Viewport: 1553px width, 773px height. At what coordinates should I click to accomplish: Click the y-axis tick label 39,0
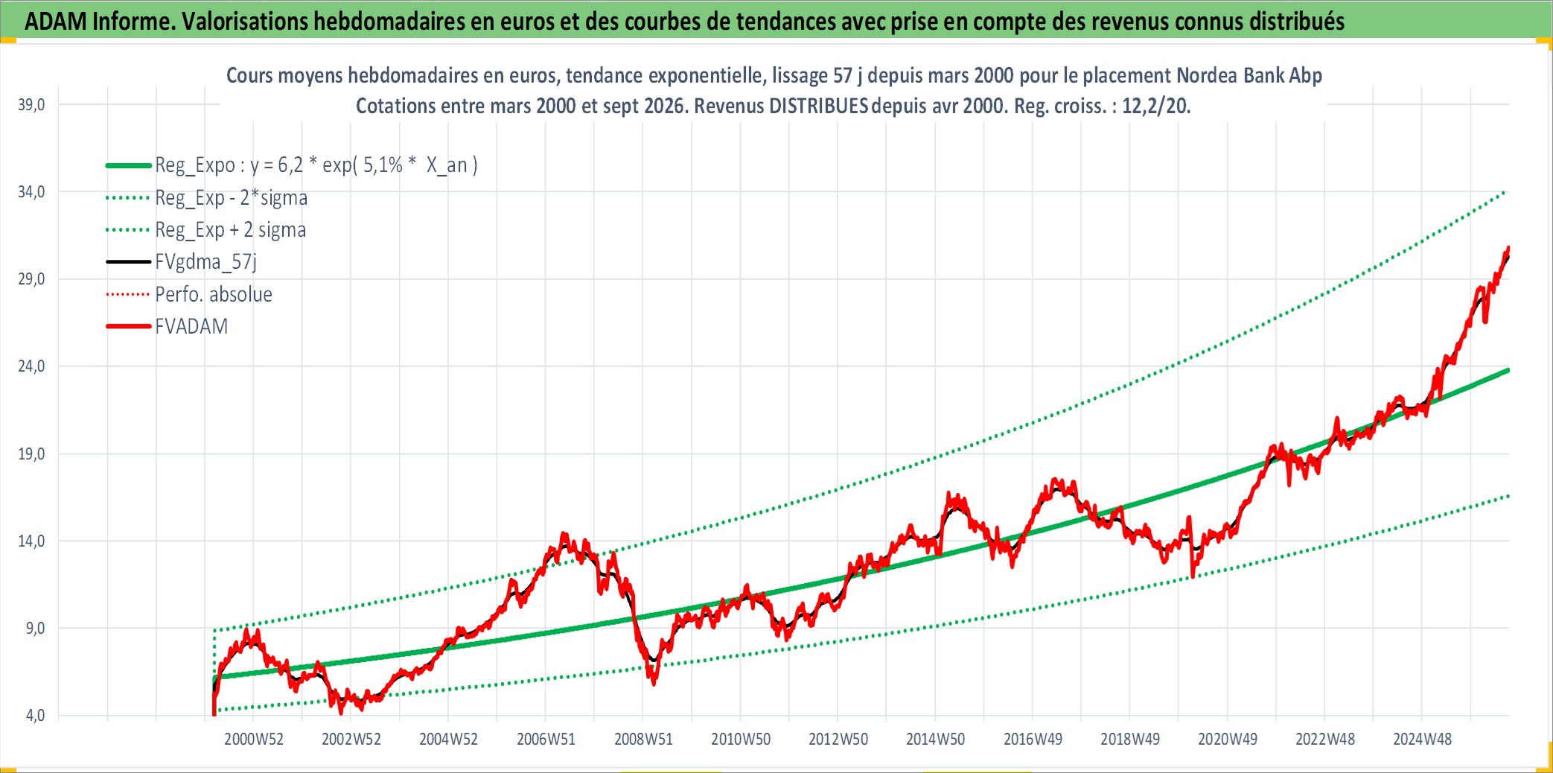point(31,105)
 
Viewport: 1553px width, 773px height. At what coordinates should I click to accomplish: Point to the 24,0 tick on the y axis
point(31,366)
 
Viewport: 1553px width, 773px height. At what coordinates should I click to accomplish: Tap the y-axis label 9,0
point(36,629)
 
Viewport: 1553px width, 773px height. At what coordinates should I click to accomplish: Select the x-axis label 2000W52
point(254,739)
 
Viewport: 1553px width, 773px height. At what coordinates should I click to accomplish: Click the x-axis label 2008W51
point(643,739)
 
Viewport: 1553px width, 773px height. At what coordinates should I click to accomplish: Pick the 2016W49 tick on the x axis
point(1033,739)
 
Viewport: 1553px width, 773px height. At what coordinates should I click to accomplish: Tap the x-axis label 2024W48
point(1422,739)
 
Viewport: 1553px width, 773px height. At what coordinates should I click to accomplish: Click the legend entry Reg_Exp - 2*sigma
point(231,198)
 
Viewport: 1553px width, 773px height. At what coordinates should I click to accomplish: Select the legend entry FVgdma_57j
point(205,262)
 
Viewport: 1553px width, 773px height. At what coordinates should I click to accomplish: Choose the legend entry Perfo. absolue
point(214,294)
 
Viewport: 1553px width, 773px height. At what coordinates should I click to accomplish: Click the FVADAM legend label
point(191,326)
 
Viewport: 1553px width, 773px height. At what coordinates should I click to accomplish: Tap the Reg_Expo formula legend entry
point(316,165)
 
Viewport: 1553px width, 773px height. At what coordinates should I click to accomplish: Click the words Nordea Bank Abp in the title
point(1249,76)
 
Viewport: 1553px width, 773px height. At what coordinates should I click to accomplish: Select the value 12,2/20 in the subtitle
point(1156,106)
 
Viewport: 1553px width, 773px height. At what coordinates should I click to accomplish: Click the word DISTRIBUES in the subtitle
point(818,106)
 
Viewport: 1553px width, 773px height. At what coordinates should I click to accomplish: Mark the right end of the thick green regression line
point(1508,370)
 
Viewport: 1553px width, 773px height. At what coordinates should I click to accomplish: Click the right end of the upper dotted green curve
point(1505,192)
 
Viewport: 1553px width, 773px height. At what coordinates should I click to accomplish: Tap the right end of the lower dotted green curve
point(1508,496)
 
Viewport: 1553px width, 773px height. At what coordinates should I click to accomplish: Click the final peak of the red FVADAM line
point(1508,247)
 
